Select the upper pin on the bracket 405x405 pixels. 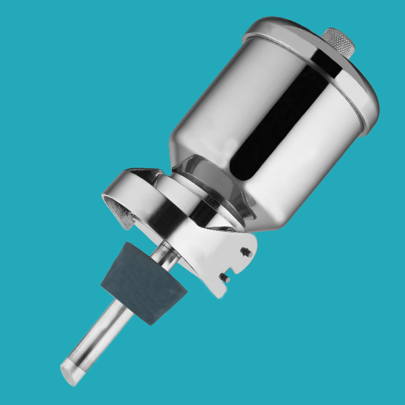(x=246, y=252)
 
